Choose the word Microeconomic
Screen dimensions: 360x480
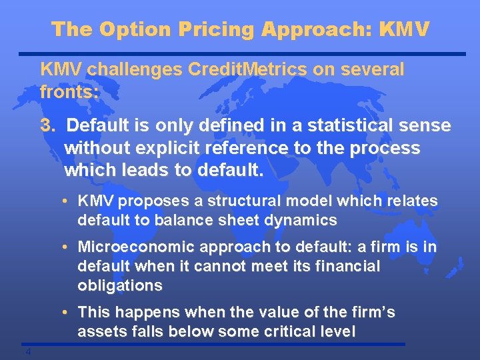click(132, 247)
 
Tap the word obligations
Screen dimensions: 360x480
click(119, 285)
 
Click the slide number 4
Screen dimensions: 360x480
click(29, 352)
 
